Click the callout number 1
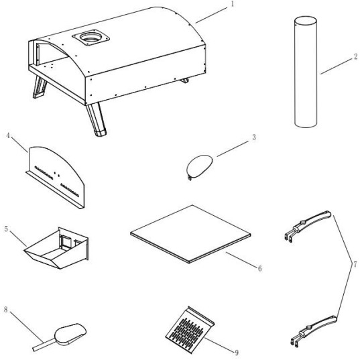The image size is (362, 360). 233,4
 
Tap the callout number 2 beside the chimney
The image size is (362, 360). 356,56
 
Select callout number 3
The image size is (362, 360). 254,137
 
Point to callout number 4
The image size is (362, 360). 8,135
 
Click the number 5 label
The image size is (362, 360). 6,229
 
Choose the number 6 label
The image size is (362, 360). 259,268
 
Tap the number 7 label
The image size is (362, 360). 355,263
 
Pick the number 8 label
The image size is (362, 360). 6,310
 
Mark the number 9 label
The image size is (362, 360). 237,353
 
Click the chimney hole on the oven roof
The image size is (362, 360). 90,38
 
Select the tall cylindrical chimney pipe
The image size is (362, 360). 306,72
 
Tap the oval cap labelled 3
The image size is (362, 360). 199,166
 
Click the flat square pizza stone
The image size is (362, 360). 190,234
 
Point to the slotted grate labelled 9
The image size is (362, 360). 190,330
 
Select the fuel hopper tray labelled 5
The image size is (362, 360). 56,249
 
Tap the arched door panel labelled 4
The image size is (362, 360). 56,177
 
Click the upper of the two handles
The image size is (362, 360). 308,226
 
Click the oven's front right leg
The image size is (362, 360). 97,119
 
